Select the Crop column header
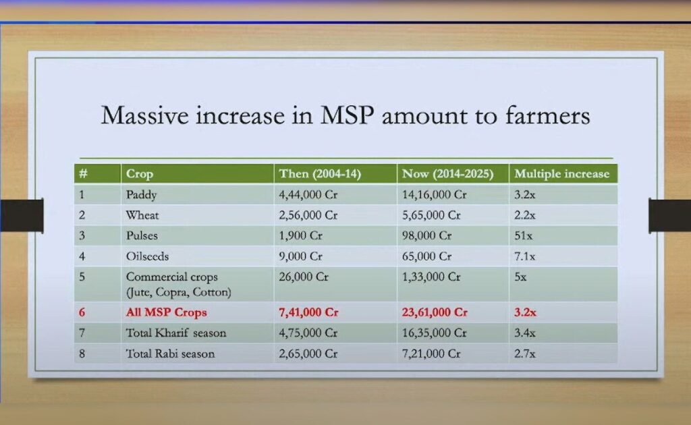tap(140, 174)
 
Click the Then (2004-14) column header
tap(321, 174)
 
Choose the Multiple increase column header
tap(561, 174)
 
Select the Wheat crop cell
tap(142, 216)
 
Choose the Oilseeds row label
tap(147, 257)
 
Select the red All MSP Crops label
tap(166, 313)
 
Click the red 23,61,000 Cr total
tap(435, 313)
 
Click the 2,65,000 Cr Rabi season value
tap(308, 353)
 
